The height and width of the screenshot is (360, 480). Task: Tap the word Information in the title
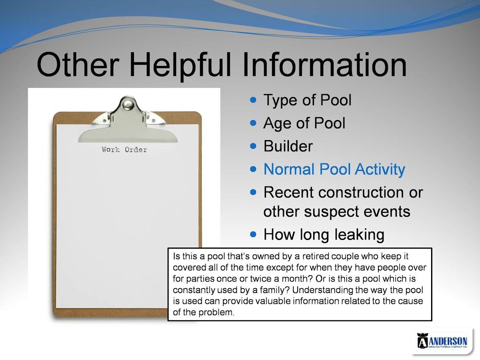click(324, 64)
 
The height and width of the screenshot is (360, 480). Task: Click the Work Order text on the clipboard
click(124, 150)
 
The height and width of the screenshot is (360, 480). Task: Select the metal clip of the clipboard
click(128, 120)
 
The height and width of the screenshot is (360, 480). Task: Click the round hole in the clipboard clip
click(127, 105)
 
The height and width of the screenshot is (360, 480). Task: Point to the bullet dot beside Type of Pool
click(253, 100)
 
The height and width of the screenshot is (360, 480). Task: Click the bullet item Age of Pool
click(304, 124)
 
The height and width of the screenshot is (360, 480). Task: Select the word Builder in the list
click(288, 146)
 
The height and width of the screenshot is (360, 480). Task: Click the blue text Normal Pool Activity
click(334, 170)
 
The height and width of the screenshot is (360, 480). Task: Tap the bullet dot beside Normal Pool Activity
click(253, 169)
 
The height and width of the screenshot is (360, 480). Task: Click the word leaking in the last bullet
click(359, 235)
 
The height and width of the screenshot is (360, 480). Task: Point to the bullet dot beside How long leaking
click(253, 235)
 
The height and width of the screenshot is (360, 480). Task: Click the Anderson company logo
click(442, 341)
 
